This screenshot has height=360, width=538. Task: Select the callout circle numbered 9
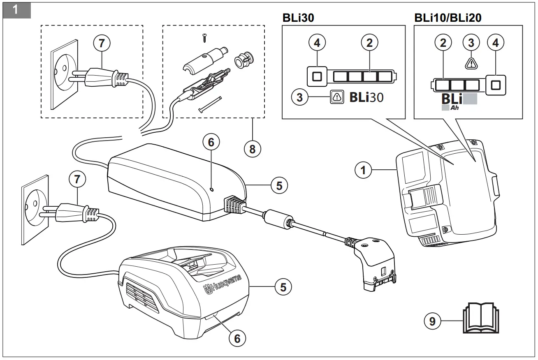click(432, 321)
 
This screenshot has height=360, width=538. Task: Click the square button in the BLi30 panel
click(317, 76)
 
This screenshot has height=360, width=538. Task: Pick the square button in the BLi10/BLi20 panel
click(496, 85)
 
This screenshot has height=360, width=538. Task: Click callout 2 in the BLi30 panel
click(369, 42)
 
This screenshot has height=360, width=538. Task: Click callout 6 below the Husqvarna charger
click(237, 338)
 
